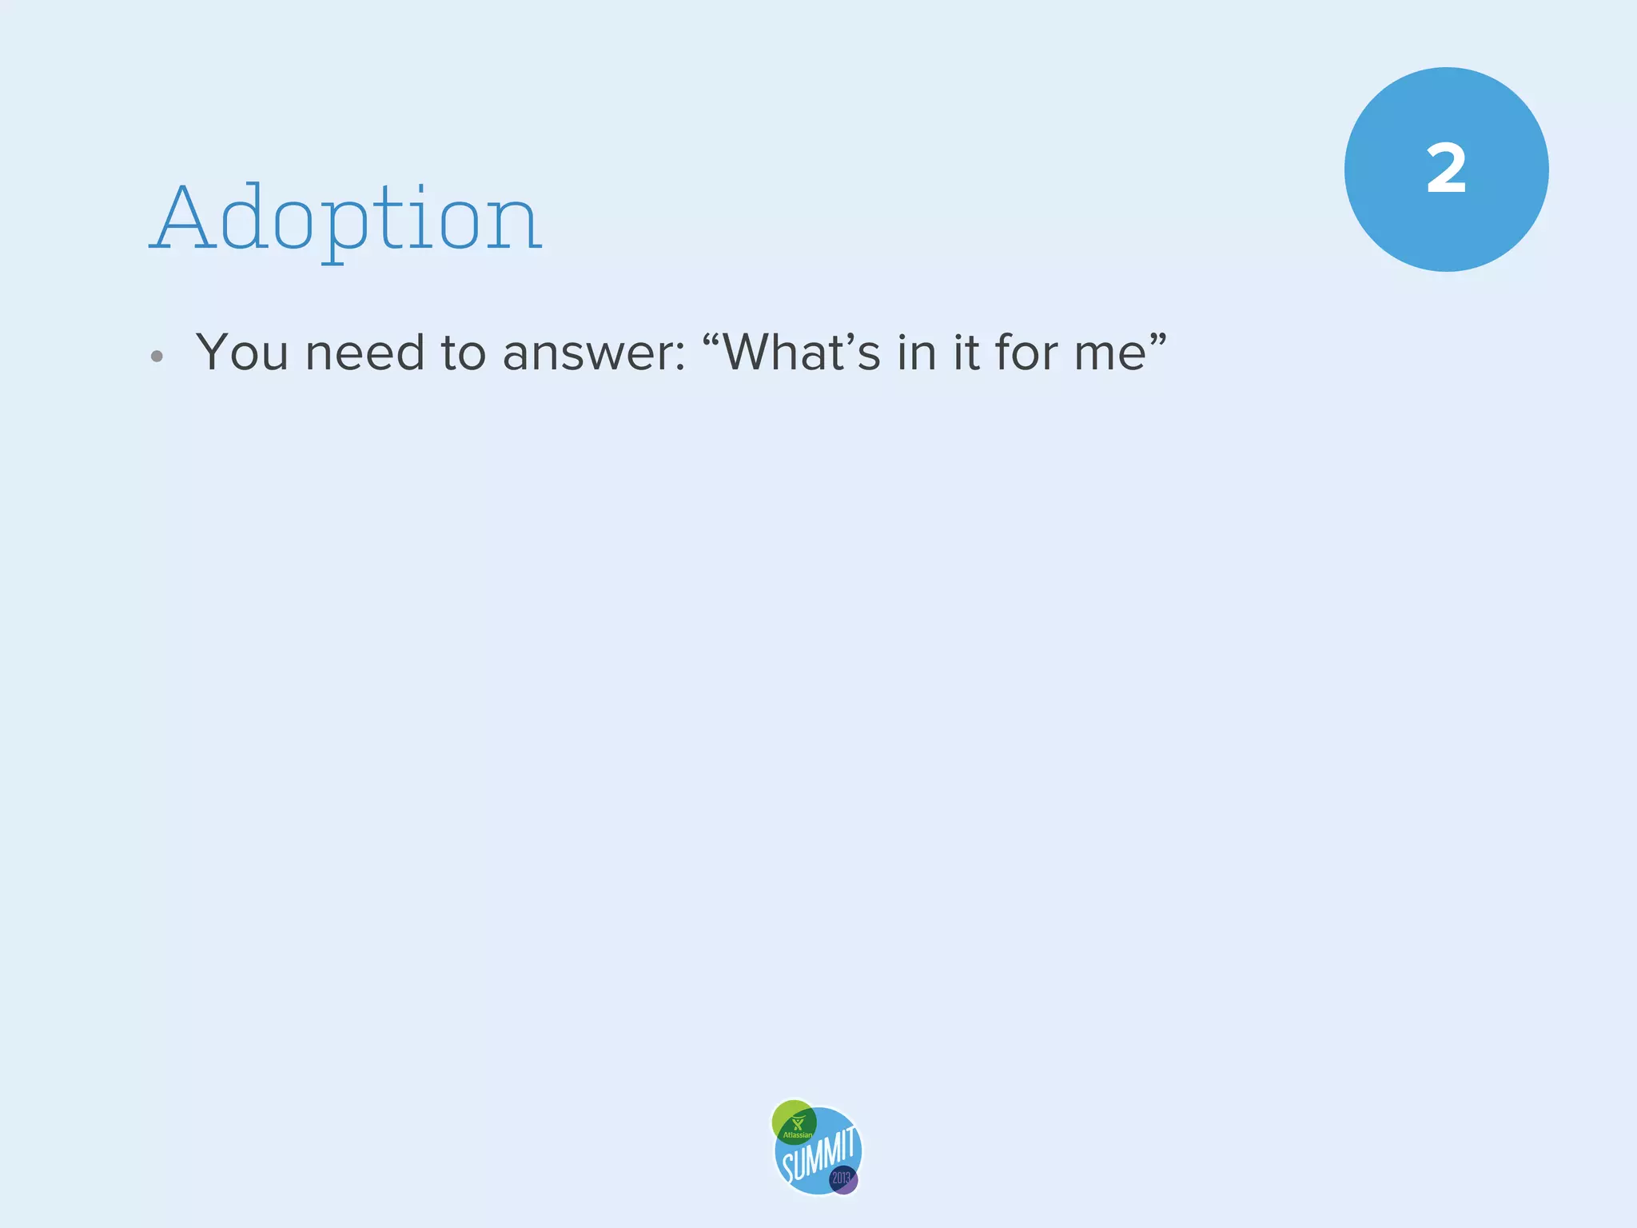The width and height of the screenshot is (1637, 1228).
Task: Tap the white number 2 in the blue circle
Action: pyautogui.click(x=1446, y=169)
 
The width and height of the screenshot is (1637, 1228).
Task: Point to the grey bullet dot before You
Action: pyautogui.click(x=157, y=357)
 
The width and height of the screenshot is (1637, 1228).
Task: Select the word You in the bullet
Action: pyautogui.click(x=241, y=352)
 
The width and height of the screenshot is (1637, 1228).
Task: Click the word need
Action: pyautogui.click(x=364, y=352)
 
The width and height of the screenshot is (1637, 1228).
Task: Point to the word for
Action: pyautogui.click(x=1026, y=352)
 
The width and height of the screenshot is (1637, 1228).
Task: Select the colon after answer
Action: pyautogui.click(x=679, y=357)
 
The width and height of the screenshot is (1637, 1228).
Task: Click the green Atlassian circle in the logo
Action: pyautogui.click(x=794, y=1121)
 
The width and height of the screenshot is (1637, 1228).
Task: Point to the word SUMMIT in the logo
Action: pyautogui.click(x=818, y=1154)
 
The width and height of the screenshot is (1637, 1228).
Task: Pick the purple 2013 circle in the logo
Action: pyautogui.click(x=842, y=1179)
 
